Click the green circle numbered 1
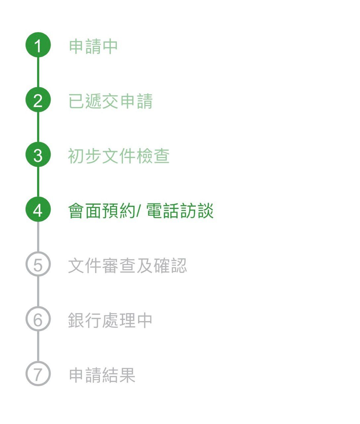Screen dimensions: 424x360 point(38,45)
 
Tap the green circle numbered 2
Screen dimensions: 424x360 point(38,100)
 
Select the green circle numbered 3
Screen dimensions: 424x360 point(38,155)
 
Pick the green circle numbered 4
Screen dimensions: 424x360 point(38,210)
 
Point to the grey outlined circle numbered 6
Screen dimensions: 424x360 point(38,319)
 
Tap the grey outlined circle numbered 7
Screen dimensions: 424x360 point(38,374)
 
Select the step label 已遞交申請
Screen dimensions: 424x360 point(110,101)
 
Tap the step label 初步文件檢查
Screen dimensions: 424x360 point(119,156)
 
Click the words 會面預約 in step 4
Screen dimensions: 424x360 point(101,211)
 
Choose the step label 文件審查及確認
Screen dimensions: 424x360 point(127,265)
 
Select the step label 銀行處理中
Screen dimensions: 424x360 point(110,320)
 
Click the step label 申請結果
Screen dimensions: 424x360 point(102,375)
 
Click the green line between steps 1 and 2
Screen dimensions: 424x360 point(38,73)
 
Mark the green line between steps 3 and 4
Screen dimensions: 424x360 point(38,183)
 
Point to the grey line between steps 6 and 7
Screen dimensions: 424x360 point(38,346)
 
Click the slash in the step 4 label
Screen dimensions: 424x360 point(139,211)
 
